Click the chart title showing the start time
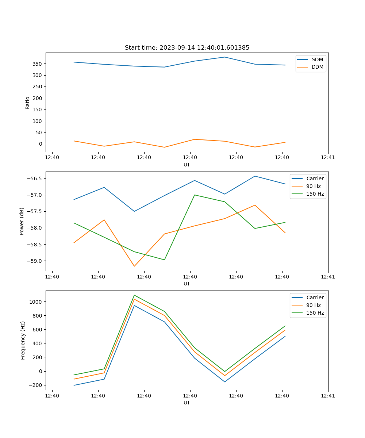tap(187, 48)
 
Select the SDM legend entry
tap(317, 59)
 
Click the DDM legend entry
tap(317, 67)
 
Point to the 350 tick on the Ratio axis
tap(38, 64)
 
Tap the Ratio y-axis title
tap(28, 103)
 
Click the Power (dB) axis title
tap(22, 221)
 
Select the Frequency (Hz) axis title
tap(23, 340)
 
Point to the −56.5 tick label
tap(35, 178)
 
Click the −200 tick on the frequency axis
tap(37, 385)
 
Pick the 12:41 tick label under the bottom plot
tap(328, 396)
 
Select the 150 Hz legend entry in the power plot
tap(315, 194)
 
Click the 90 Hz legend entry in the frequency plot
tap(314, 305)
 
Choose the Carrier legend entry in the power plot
tap(315, 178)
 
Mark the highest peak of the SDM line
tap(225, 57)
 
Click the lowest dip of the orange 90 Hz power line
tap(134, 266)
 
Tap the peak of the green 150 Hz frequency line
tap(134, 295)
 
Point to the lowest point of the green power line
tap(165, 260)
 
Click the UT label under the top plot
tap(187, 165)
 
